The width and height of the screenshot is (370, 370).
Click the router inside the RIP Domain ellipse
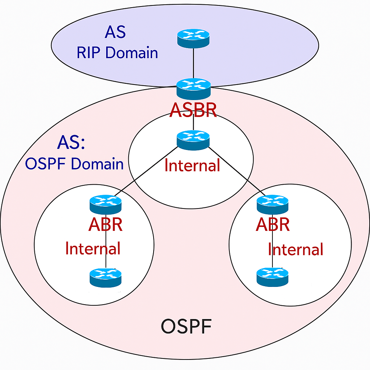[x=193, y=38]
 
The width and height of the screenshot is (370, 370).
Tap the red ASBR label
[x=193, y=110]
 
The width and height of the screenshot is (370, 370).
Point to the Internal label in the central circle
[x=192, y=165]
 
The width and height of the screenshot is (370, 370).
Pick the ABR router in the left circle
[x=106, y=205]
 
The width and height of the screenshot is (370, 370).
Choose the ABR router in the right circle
[x=272, y=205]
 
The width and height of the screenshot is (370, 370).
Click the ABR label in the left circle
[x=106, y=225]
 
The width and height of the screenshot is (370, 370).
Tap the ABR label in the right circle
[x=273, y=225]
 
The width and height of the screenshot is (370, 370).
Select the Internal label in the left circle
[x=93, y=249]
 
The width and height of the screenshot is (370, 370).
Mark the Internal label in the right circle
[x=296, y=250]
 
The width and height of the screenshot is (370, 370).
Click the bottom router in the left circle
[x=106, y=277]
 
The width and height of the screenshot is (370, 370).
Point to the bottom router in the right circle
[x=272, y=277]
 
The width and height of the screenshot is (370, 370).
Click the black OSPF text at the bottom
[x=186, y=327]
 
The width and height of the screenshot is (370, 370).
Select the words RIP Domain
[x=117, y=53]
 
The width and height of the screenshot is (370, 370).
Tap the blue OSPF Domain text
[x=74, y=164]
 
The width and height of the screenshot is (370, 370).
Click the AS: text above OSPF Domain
[x=71, y=143]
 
